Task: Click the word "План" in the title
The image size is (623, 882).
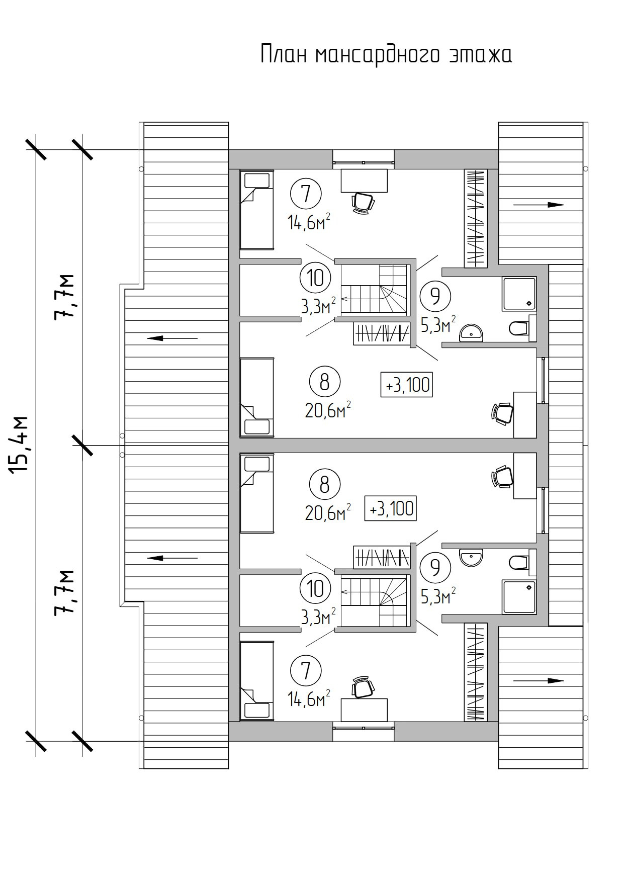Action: (284, 54)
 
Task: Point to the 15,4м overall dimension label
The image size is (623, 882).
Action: (19, 445)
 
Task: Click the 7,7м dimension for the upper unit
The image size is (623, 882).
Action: (65, 297)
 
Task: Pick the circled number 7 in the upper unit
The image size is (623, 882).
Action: (306, 194)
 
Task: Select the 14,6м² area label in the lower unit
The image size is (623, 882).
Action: (309, 698)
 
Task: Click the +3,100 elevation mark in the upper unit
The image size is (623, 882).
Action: (407, 385)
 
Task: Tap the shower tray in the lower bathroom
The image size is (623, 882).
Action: (519, 597)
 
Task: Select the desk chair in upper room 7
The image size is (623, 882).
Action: (363, 203)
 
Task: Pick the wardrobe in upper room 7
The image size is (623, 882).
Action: (475, 217)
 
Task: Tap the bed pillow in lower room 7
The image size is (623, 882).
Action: (257, 711)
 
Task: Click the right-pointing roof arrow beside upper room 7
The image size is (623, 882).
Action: (539, 205)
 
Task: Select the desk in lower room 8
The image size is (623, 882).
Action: (525, 475)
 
